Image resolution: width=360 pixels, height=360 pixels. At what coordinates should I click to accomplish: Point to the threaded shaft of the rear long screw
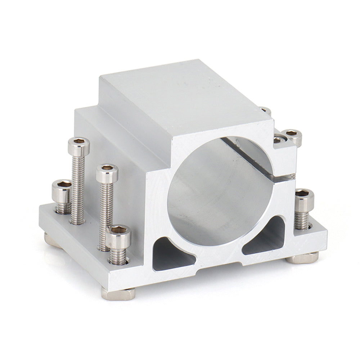click(x=78, y=187)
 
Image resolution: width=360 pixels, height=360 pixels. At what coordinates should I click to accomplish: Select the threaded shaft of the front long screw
click(x=106, y=209)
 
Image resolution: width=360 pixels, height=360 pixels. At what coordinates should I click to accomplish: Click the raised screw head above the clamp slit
click(x=292, y=137)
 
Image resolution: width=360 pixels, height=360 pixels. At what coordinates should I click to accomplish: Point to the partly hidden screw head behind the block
click(x=266, y=110)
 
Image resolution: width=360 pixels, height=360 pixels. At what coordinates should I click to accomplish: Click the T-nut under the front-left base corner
click(x=118, y=294)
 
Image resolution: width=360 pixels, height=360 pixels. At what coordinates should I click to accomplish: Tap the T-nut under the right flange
click(x=304, y=258)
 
